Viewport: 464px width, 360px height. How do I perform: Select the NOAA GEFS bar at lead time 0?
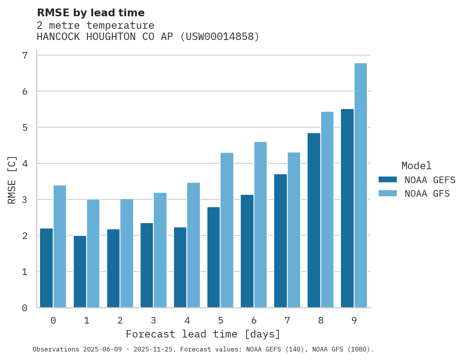point(47,268)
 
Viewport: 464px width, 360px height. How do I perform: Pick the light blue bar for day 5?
point(227,230)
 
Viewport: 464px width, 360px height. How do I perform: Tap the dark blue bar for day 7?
point(280,241)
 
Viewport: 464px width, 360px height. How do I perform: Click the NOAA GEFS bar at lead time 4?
point(180,267)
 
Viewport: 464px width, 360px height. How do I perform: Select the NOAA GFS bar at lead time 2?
point(127,253)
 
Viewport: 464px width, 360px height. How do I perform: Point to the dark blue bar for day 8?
point(314,220)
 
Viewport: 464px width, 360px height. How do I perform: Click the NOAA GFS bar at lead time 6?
point(261,225)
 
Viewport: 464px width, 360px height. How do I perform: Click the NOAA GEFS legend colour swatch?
point(388,180)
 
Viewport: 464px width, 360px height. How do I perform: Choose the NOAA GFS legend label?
point(427,194)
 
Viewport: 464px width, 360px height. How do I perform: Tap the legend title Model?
point(416,166)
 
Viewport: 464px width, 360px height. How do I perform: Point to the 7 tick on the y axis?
point(25,55)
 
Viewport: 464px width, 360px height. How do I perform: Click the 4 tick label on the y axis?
point(25,164)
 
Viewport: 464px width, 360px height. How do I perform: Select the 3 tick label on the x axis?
point(153,320)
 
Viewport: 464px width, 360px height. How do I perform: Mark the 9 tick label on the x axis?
point(354,320)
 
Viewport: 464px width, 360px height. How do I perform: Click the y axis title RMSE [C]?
point(12,180)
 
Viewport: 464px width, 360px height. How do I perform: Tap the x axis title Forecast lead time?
point(203,334)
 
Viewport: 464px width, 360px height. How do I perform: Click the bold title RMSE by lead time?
point(91,13)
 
